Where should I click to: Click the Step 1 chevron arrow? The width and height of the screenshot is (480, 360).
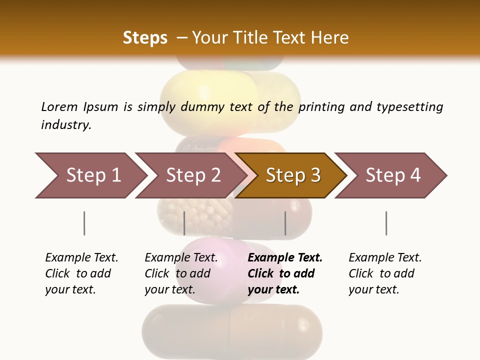point(93,175)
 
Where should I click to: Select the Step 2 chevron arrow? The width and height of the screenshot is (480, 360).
point(193,175)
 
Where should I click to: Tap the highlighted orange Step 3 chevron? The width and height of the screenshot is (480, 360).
point(293,175)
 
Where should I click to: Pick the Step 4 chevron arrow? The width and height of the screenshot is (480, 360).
point(393,175)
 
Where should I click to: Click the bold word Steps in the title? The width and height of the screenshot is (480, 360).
point(145,38)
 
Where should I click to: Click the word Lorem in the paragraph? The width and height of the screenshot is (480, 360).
point(59,107)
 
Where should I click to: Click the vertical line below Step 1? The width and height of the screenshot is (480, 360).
point(84,223)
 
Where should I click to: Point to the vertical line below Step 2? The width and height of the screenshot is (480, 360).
point(184,223)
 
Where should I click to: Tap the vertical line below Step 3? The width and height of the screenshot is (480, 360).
point(285,223)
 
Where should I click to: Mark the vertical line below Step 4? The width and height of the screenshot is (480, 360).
point(386,223)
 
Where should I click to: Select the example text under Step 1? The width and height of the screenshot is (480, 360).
point(81,273)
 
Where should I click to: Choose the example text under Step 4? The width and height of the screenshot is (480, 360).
point(385,273)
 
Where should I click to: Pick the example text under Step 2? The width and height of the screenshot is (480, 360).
point(181,273)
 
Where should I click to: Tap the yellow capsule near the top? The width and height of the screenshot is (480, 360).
point(210,95)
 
